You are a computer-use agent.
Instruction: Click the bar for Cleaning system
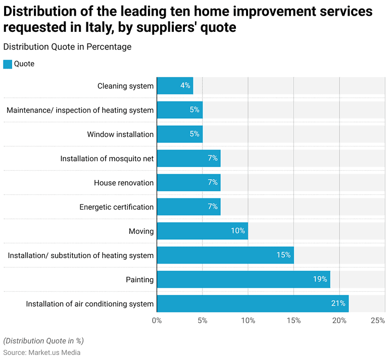point(175,86)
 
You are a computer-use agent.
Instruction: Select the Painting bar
point(243,279)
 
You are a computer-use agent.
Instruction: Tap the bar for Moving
point(202,231)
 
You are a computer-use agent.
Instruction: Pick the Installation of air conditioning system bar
point(253,303)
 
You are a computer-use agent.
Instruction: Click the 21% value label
point(338,303)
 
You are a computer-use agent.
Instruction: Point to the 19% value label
point(320,279)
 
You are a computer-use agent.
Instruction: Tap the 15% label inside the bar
point(283,255)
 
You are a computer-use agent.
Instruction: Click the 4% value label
point(185,86)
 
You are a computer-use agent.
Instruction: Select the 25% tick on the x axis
point(377,321)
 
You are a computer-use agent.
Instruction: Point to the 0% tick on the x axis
point(157,321)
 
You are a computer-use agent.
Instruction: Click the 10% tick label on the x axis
point(248,321)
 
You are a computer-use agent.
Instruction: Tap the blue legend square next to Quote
point(8,64)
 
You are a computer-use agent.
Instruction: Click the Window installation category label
point(120,134)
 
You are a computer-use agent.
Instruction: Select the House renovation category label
point(124,183)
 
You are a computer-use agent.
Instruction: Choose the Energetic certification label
point(116,207)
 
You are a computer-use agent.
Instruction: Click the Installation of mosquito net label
point(107,159)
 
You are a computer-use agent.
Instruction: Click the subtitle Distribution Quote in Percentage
point(67,47)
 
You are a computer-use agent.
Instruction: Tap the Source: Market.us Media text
point(42,352)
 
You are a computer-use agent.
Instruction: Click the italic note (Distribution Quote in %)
point(43,340)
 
